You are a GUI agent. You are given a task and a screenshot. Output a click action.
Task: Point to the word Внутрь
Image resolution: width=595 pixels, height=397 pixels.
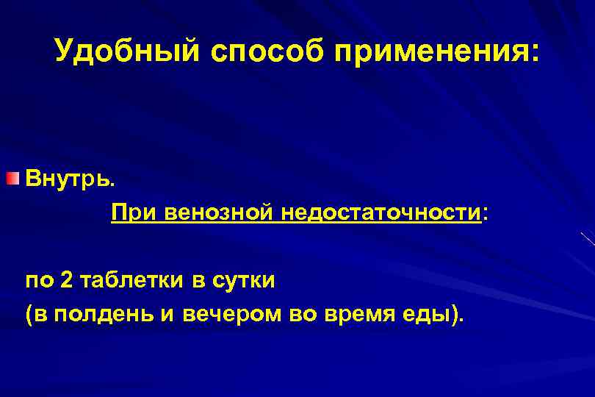[x=70, y=179]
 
